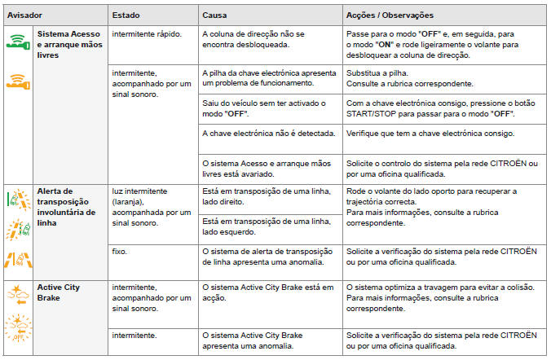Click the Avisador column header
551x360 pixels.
tap(25, 15)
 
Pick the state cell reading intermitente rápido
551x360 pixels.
tap(147, 34)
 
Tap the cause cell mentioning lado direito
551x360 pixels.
tap(265, 197)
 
